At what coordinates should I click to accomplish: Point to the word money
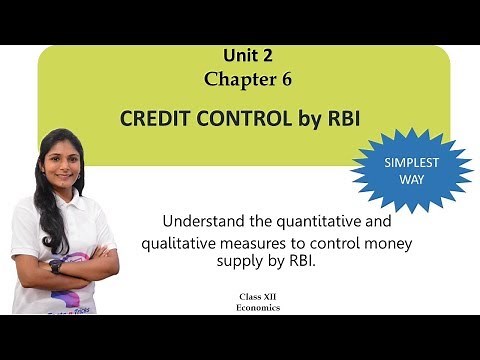coord(391,243)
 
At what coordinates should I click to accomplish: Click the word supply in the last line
coord(260,262)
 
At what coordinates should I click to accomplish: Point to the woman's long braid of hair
coord(44,205)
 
